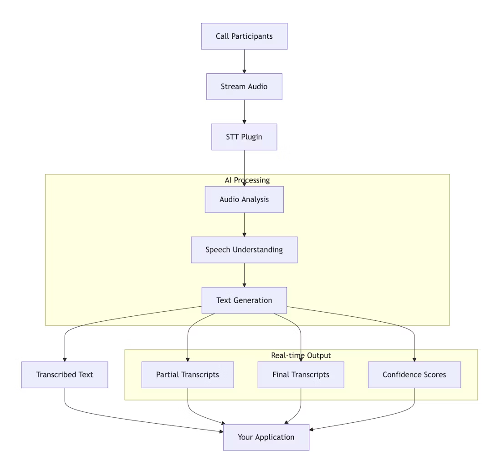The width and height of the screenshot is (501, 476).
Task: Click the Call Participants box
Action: point(244,36)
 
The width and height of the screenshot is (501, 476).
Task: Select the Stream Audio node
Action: point(244,86)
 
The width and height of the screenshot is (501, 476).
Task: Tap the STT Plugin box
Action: point(244,137)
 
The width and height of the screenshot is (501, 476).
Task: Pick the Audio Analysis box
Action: point(244,199)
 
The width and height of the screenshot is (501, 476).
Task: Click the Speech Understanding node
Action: point(244,250)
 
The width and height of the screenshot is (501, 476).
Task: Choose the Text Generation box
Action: point(244,300)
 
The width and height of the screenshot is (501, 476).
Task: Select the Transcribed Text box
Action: point(65,375)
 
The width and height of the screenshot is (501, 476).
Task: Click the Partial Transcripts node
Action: point(188,375)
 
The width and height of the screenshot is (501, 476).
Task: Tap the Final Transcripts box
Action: point(301,375)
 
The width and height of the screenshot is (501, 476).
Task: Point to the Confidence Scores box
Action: point(414,375)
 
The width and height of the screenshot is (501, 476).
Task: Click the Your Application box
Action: point(266,437)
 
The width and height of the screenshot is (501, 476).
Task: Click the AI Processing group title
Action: point(247,180)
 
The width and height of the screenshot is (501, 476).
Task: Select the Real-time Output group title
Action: point(301,355)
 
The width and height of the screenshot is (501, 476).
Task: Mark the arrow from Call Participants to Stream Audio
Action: point(244,61)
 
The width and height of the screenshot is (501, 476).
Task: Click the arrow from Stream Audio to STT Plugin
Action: point(244,112)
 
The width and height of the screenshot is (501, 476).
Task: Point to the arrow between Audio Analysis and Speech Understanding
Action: point(244,225)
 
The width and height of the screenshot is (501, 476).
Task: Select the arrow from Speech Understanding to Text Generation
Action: point(244,275)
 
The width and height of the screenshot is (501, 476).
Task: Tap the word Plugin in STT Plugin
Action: point(252,137)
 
